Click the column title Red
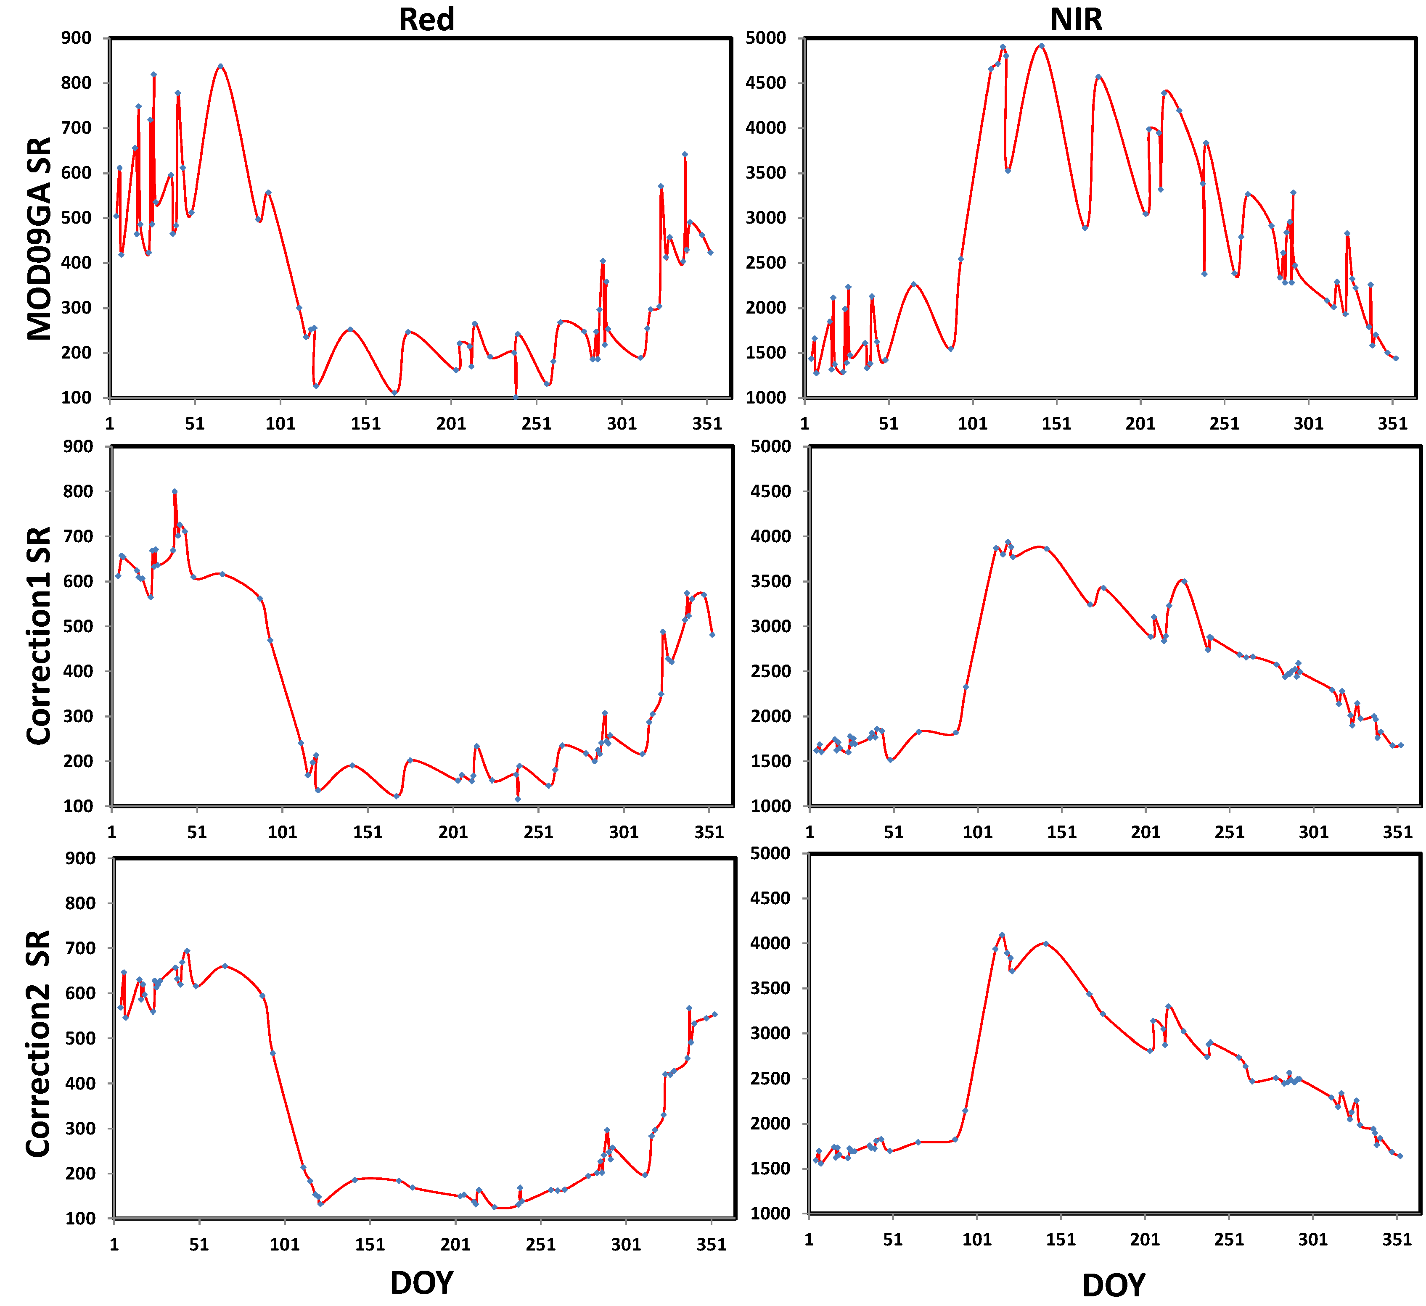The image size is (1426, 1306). click(x=426, y=19)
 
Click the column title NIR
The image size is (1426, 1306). click(x=1076, y=19)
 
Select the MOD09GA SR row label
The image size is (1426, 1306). click(x=39, y=239)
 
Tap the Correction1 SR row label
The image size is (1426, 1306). click(x=39, y=635)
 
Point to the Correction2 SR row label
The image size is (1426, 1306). click(x=39, y=1044)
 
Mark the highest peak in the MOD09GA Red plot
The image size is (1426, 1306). click(x=221, y=66)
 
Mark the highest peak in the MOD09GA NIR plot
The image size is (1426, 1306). click(x=1041, y=45)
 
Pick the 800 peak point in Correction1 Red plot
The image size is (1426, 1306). click(x=175, y=491)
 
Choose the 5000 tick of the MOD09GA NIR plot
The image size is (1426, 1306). click(x=766, y=38)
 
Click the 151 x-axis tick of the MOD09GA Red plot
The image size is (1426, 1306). click(x=366, y=424)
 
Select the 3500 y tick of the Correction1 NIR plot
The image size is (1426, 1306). click(x=771, y=581)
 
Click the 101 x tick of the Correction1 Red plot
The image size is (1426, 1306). click(x=282, y=832)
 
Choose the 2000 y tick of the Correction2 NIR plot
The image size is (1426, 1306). click(x=770, y=1124)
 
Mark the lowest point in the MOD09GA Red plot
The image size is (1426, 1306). click(x=516, y=397)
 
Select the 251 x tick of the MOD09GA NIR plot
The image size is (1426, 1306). click(x=1225, y=424)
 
